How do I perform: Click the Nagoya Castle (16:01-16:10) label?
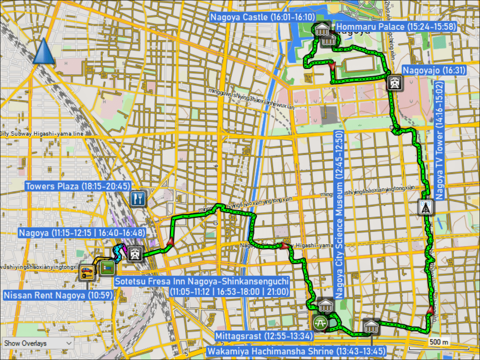click(262, 17)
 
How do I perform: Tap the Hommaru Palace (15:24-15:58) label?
click(396, 27)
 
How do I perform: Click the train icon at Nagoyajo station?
click(395, 83)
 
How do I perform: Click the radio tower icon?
click(425, 207)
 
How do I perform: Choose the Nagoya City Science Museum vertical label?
click(340, 214)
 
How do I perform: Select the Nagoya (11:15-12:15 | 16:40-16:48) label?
click(82, 232)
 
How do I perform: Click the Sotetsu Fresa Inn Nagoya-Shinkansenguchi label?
click(202, 286)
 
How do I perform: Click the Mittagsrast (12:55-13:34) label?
click(264, 336)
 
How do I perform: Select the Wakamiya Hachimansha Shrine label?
click(296, 351)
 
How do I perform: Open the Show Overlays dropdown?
click(38, 343)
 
